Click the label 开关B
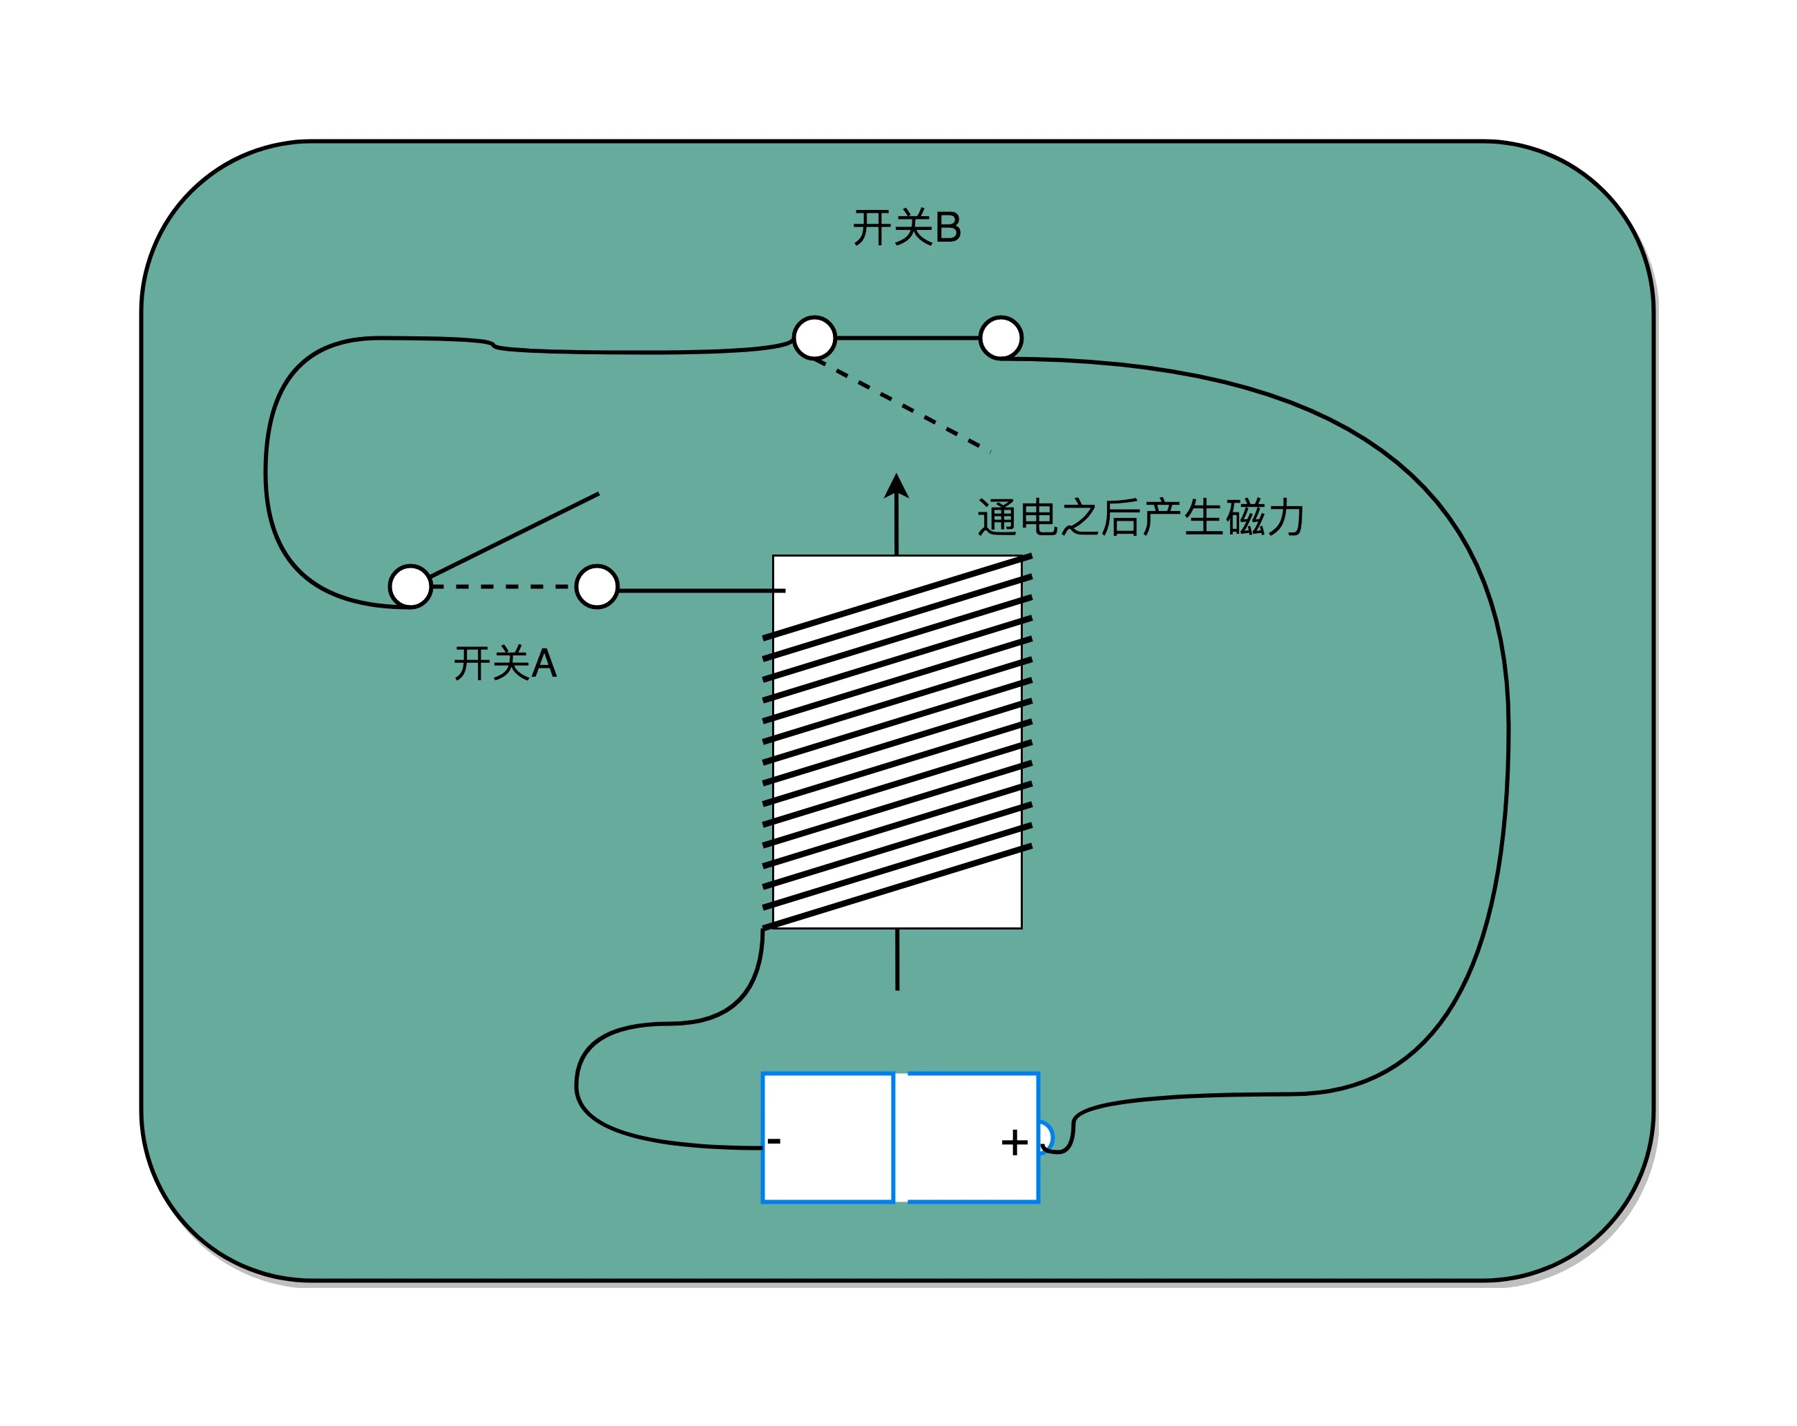coord(907,227)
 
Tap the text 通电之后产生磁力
coord(1140,517)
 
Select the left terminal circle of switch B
coord(814,338)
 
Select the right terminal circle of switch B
coord(1000,338)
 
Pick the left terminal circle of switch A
coord(410,587)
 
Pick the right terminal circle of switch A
coord(597,587)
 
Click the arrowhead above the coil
coord(896,487)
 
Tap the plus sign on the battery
coord(1014,1143)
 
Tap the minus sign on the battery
coord(773,1141)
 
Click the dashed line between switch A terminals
coord(503,587)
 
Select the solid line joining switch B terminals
coord(907,338)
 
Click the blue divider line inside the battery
coord(894,1137)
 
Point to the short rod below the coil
coord(897,959)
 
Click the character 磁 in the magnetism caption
coord(1245,517)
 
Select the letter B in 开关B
coord(948,227)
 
